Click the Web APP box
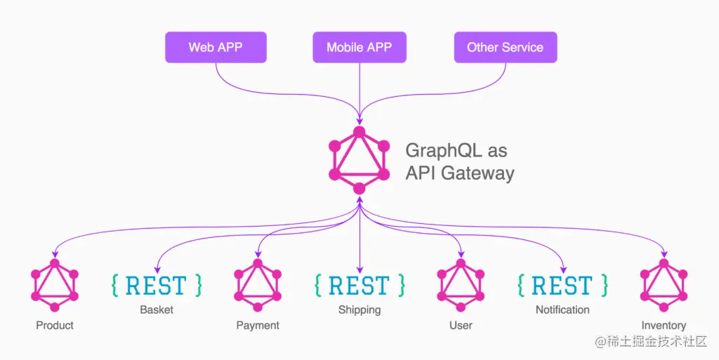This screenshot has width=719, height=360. click(216, 48)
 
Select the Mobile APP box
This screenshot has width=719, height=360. click(359, 48)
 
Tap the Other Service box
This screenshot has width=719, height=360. click(505, 48)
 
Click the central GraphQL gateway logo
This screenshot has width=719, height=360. click(359, 160)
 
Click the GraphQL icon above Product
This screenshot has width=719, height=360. click(55, 284)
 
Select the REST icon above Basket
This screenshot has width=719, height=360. click(156, 285)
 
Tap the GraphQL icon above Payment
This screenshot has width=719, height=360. click(258, 284)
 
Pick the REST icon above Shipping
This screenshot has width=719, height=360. click(359, 285)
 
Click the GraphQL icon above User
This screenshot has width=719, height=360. click(461, 284)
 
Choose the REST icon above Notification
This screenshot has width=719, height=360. click(562, 285)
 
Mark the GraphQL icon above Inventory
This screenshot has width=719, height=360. click(664, 284)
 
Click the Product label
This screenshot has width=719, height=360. click(55, 325)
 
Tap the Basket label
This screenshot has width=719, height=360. click(156, 309)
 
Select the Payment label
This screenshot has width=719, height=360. click(258, 325)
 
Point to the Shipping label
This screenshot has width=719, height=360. click(359, 309)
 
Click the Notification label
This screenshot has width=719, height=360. click(562, 309)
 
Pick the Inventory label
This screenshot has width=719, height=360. click(664, 325)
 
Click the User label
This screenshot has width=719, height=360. click(461, 325)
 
